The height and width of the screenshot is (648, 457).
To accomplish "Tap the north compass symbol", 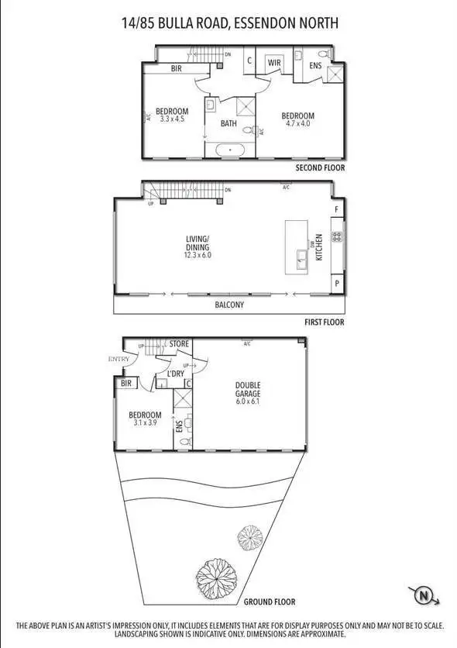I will pos(424,596).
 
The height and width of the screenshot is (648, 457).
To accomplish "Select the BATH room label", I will pos(228,123).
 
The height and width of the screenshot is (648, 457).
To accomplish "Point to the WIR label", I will pos(274,62).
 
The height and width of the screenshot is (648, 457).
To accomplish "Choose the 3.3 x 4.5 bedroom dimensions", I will pos(172,119).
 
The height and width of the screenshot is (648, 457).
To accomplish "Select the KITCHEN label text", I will pos(318,248).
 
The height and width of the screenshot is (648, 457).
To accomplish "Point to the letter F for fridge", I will pos(336,209).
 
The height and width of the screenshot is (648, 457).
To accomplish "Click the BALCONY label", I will pos(229,305).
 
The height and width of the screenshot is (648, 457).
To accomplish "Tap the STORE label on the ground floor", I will pos(179,343).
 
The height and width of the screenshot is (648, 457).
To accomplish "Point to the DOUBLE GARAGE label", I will pos(249,389).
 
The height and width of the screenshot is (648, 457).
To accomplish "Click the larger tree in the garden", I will pos(213,574).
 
